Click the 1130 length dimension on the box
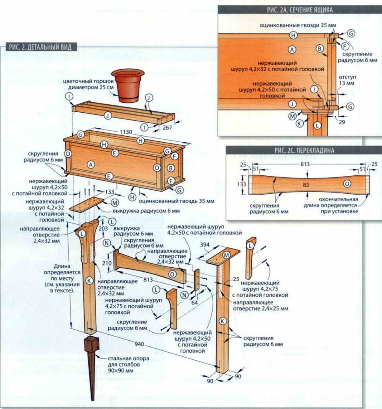click(126, 132)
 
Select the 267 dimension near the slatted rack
click(167, 127)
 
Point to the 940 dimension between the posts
click(139, 344)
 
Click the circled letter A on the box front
click(91, 164)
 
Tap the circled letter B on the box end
click(171, 168)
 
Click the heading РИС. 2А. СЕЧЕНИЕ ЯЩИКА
click(300, 10)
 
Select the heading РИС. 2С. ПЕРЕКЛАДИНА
click(304, 151)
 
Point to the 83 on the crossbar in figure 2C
click(306, 185)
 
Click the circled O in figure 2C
click(347, 184)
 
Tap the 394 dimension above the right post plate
click(205, 245)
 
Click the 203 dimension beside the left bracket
click(103, 228)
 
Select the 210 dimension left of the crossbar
click(107, 263)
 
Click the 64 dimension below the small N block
click(194, 302)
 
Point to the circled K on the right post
click(223, 321)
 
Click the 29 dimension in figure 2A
click(342, 122)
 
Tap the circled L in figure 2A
click(317, 126)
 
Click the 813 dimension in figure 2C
click(305, 164)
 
